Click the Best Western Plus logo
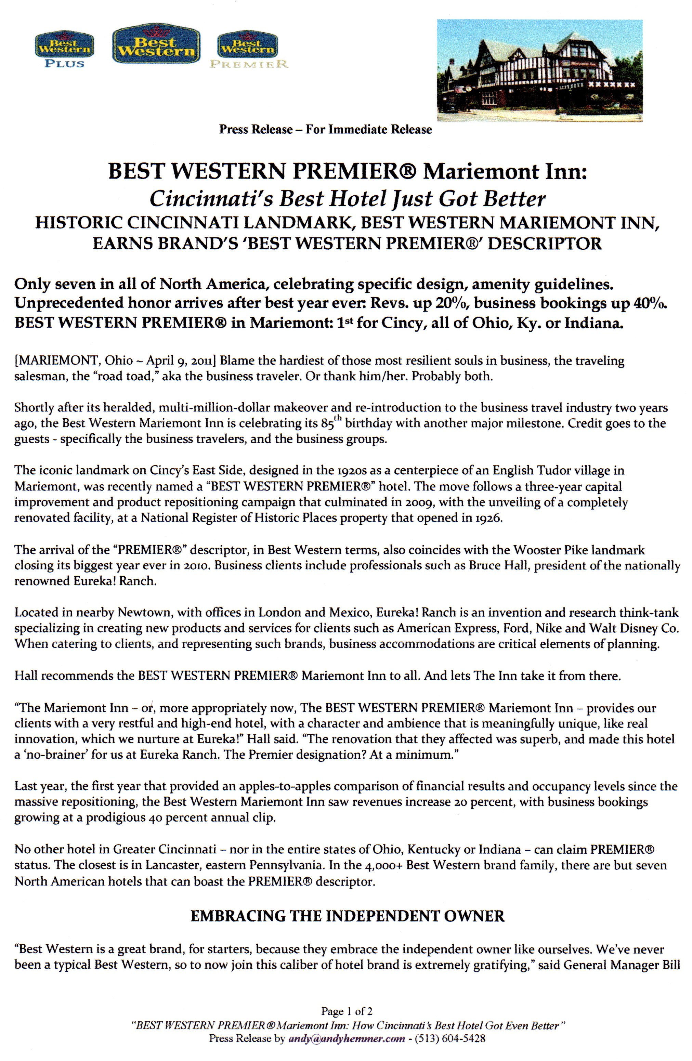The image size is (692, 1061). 64,50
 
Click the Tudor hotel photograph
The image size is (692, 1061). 539,70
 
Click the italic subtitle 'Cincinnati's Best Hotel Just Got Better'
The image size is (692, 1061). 347,199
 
